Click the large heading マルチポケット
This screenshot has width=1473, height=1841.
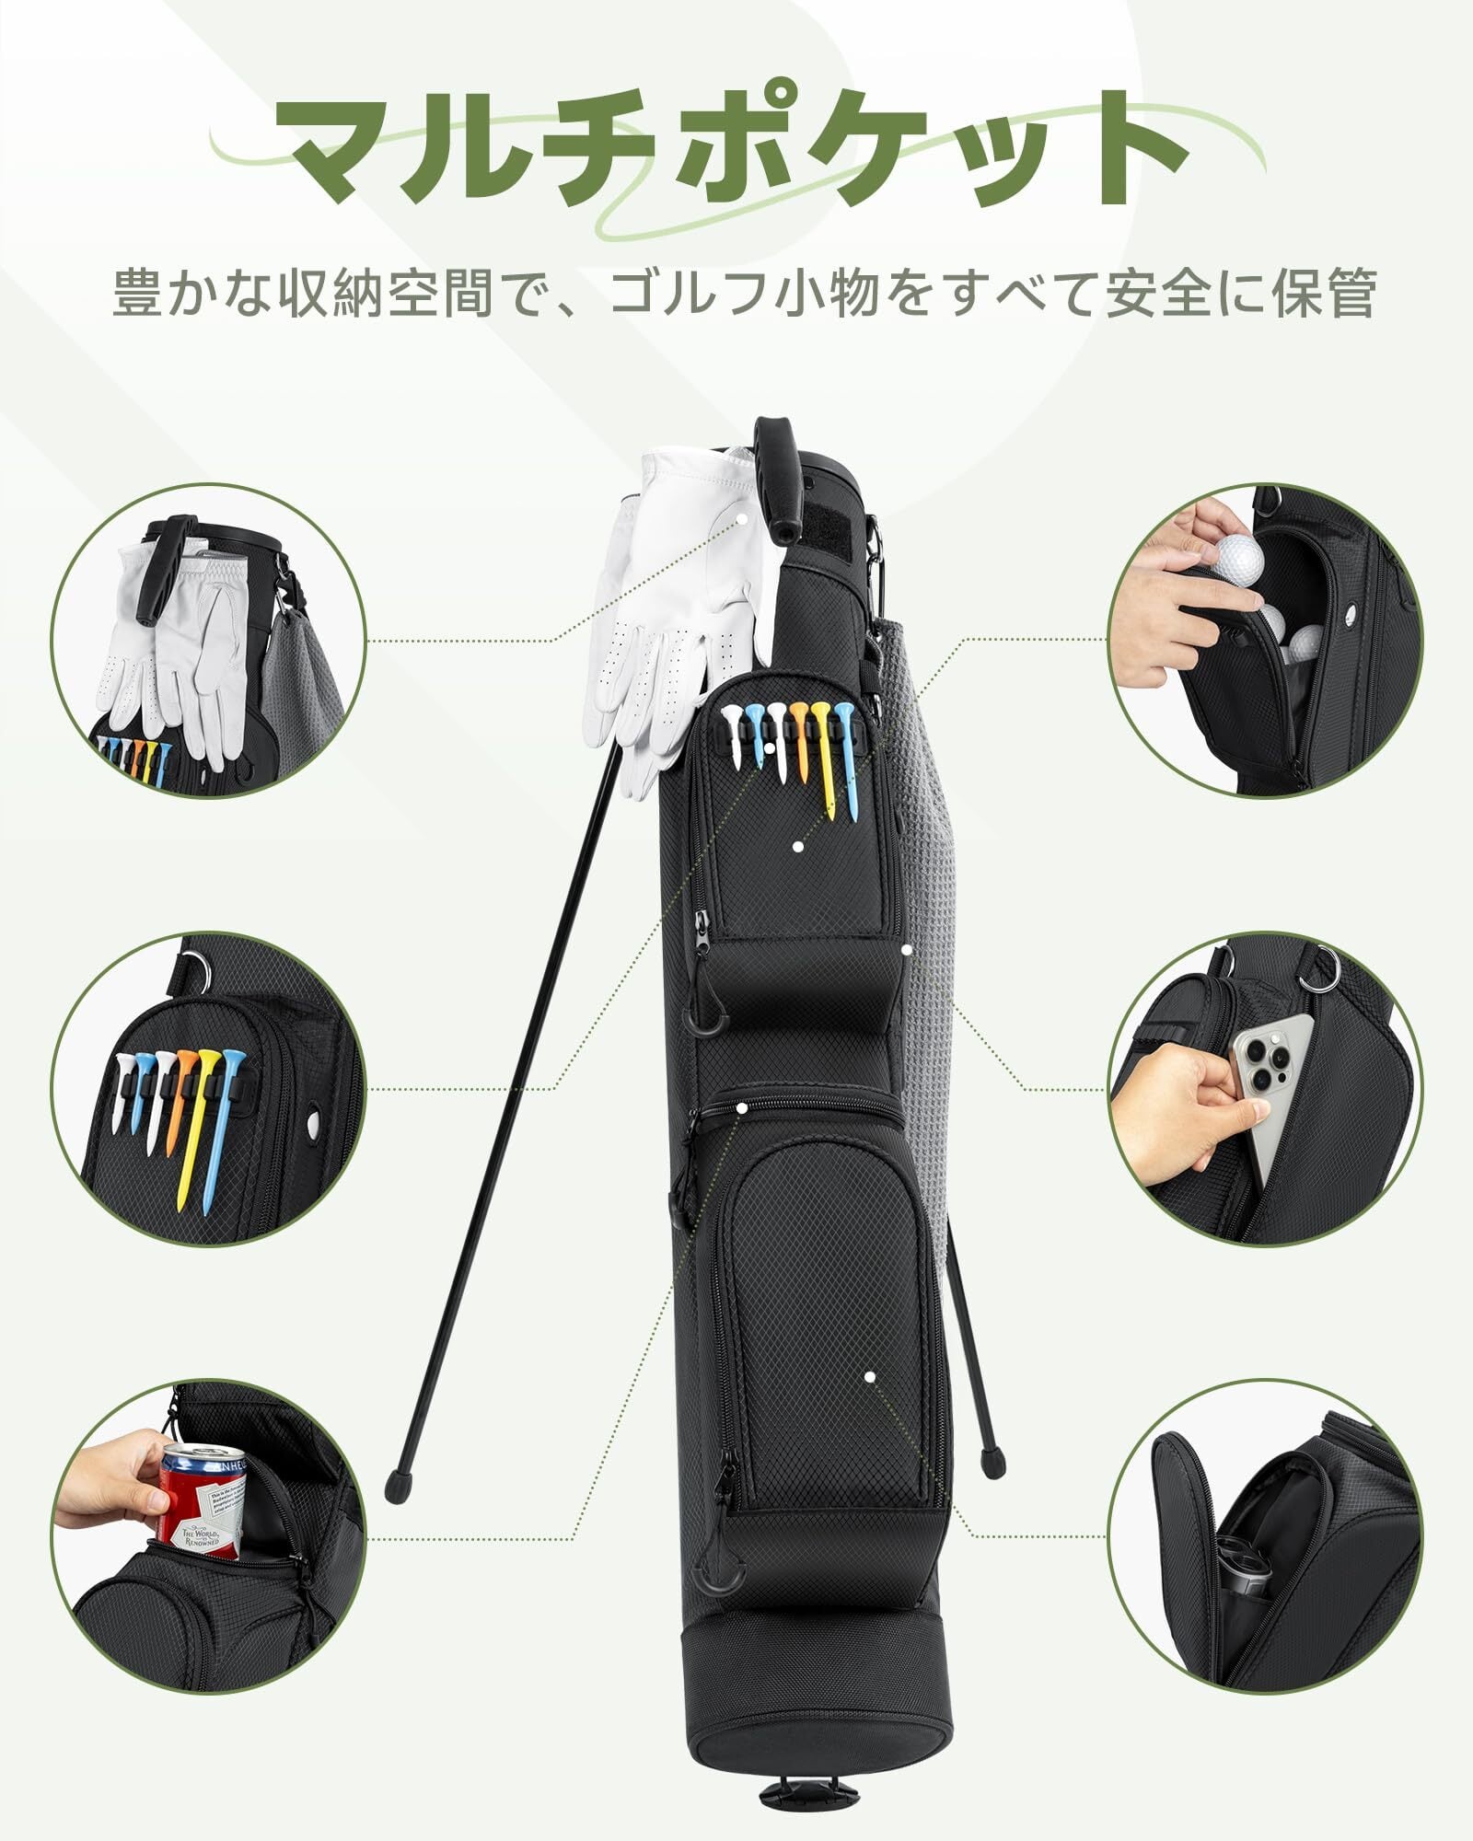point(736,147)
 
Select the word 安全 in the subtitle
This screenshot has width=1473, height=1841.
point(1188,293)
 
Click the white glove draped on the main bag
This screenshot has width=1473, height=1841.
point(681,598)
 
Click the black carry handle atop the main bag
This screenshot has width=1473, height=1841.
point(778,479)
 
